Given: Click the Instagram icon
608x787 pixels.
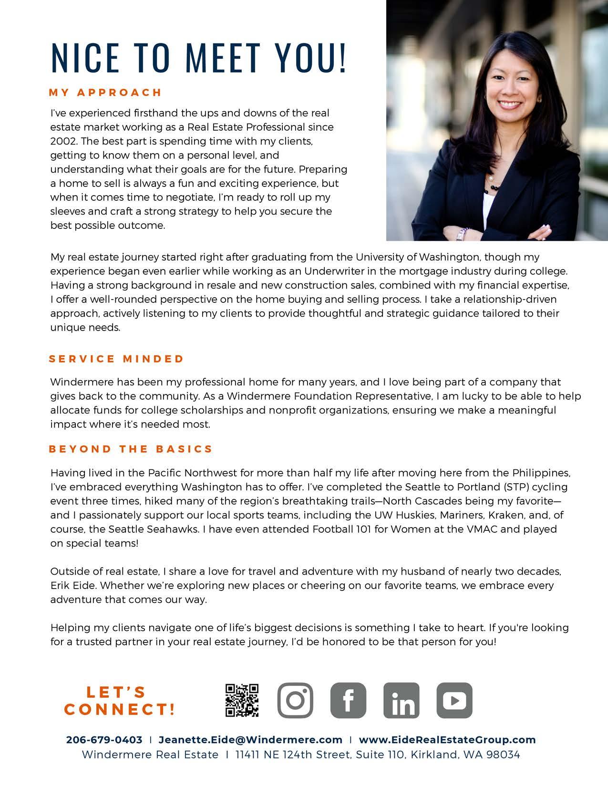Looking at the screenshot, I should pos(295,700).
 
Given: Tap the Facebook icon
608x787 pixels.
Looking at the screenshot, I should pos(348,700).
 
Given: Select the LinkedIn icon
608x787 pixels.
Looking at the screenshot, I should pos(401,700).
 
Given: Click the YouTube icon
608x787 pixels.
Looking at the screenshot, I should pos(454,700).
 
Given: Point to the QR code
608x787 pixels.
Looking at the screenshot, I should pos(242,700).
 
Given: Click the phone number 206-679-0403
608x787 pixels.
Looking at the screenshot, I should pos(104,740).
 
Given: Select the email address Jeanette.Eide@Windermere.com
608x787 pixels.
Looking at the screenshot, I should pos(250,740).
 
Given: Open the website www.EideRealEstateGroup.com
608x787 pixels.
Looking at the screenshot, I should pos(447,740).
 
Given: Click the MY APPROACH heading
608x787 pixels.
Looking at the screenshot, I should pos(105,92).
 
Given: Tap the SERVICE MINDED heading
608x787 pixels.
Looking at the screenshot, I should pos(116,359).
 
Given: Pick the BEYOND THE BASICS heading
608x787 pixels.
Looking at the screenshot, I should pos(131,449).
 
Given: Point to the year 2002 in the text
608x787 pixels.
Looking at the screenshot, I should pos(62,141).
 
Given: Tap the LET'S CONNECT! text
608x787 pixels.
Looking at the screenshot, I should pos(119,701).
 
